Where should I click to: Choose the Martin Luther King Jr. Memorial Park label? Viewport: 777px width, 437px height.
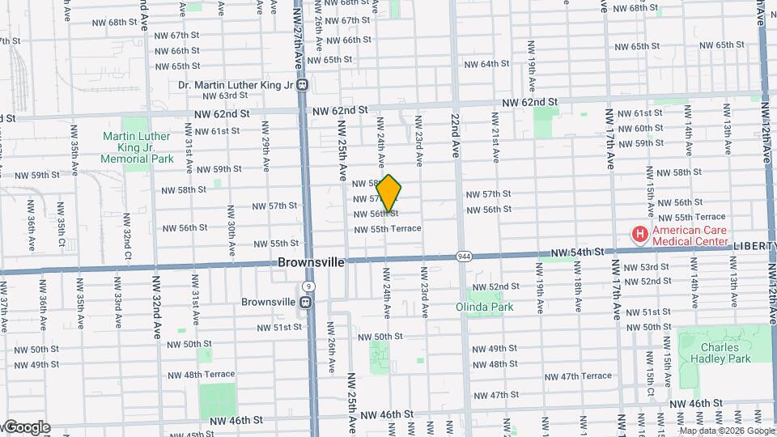(137, 148)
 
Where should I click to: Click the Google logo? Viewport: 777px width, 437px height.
(26, 426)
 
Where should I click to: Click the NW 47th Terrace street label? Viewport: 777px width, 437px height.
(578, 376)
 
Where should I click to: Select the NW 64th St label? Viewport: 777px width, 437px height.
(486, 64)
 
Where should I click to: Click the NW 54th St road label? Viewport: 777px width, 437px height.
(577, 253)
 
